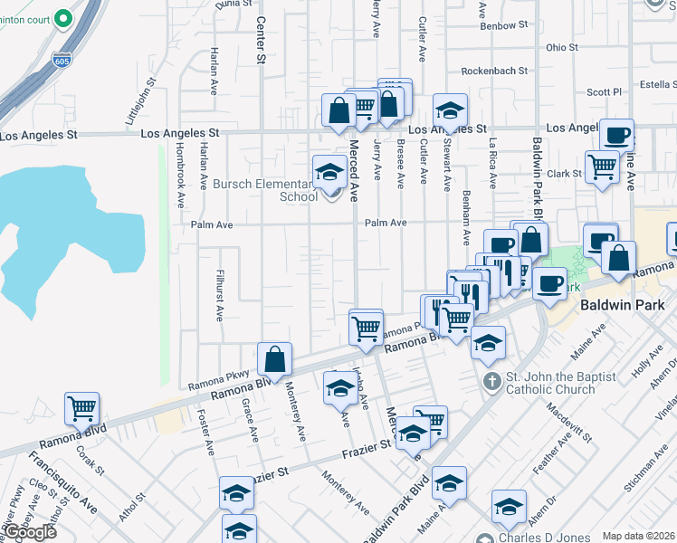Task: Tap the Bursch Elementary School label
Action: pyautogui.click(x=265, y=190)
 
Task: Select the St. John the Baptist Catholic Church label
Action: pyautogui.click(x=561, y=384)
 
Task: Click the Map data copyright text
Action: pyautogui.click(x=639, y=535)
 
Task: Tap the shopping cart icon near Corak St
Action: pyautogui.click(x=81, y=407)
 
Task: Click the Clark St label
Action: pyautogui.click(x=563, y=173)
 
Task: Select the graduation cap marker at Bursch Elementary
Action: pyautogui.click(x=329, y=172)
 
